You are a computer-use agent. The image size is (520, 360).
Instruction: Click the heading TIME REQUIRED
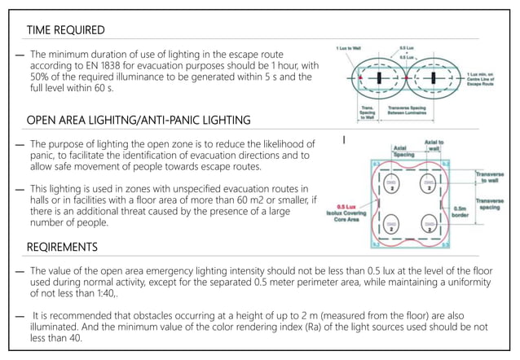pos(65,30)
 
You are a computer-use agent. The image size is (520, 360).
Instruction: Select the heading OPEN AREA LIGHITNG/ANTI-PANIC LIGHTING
pos(138,121)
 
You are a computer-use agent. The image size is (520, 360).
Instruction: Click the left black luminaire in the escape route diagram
pos(381,80)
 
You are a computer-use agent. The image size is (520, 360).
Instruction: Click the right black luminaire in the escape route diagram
pos(437,80)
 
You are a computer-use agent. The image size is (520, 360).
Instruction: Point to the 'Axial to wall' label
pos(434,144)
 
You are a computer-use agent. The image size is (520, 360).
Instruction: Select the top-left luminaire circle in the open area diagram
pos(392,182)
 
